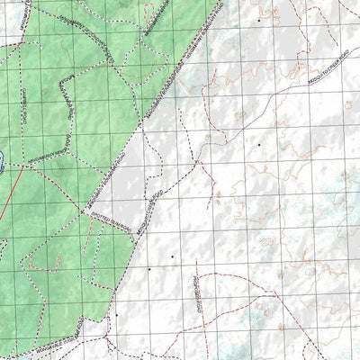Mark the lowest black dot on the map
point(115,316)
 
